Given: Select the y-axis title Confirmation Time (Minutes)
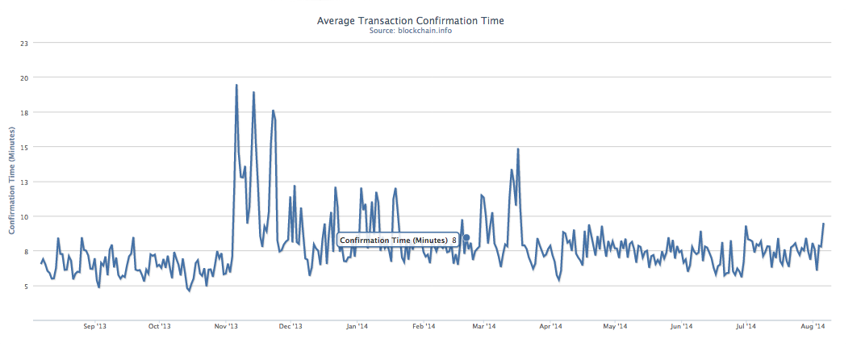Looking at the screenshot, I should point(12,181).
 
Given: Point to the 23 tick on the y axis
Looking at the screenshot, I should point(24,43).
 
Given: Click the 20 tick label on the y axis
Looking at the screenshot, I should point(24,77).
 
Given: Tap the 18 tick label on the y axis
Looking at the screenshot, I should point(24,112).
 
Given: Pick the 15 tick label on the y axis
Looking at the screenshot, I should point(24,147).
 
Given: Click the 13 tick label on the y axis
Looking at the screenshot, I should point(24,182).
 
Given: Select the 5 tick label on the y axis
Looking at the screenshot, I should point(25,286).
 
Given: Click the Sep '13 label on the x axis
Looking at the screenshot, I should point(94,327).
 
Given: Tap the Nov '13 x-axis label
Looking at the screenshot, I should point(226,327).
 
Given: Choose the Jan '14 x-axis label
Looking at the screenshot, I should point(357,327).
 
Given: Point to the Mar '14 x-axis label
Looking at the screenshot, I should point(483,327).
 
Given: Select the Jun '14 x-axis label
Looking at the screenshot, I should point(681,327).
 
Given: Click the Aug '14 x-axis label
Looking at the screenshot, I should point(813,327).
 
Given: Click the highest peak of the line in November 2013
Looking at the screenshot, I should point(236,85).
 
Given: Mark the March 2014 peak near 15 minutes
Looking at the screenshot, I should point(517,149).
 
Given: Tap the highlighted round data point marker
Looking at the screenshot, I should point(466,237).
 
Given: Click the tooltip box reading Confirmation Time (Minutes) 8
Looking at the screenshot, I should point(398,240).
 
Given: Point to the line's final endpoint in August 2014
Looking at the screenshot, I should point(823,224).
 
